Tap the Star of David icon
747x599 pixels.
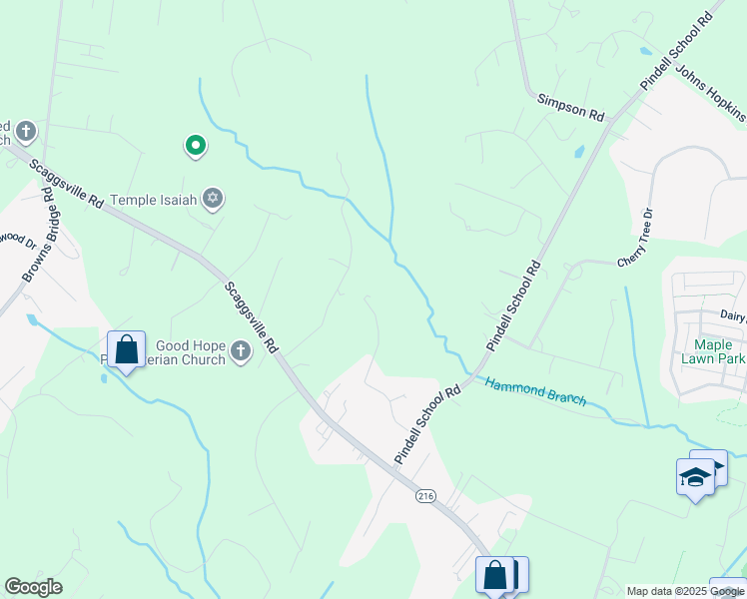[212, 200]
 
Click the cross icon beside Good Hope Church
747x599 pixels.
[240, 351]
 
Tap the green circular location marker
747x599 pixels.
[196, 147]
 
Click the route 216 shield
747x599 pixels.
[425, 496]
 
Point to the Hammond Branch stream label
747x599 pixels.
[535, 390]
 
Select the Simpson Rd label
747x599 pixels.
[571, 108]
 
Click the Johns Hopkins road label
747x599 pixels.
[712, 100]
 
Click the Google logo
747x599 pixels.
[33, 587]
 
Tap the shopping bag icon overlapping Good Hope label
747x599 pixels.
[126, 349]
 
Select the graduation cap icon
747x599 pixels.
[695, 478]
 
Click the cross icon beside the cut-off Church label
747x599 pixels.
[25, 131]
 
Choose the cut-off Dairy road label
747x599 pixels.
[733, 314]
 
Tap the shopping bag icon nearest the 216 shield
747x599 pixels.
[494, 575]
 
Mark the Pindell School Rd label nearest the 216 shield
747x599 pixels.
[427, 424]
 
